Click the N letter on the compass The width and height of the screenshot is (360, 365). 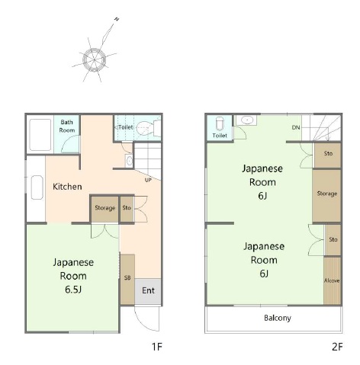117,19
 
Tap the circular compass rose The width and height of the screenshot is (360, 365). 94,59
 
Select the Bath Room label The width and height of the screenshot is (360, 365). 67,126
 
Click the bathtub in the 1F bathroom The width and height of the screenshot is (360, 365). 40,134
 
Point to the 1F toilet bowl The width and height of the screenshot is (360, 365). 145,127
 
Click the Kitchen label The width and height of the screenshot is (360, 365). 67,187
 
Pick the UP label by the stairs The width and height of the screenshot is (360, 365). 148,180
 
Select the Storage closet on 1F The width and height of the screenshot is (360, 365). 104,209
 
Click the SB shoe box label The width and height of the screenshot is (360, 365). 127,278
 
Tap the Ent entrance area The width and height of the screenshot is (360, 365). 148,291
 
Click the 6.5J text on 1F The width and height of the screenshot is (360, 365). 73,290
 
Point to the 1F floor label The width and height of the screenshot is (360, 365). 157,347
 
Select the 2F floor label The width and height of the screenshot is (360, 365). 337,347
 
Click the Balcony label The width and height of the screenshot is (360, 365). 278,318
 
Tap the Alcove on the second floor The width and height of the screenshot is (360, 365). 332,280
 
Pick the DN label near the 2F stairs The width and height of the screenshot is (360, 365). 296,127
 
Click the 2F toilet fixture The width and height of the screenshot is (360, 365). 220,124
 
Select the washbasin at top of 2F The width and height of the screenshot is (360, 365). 246,120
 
